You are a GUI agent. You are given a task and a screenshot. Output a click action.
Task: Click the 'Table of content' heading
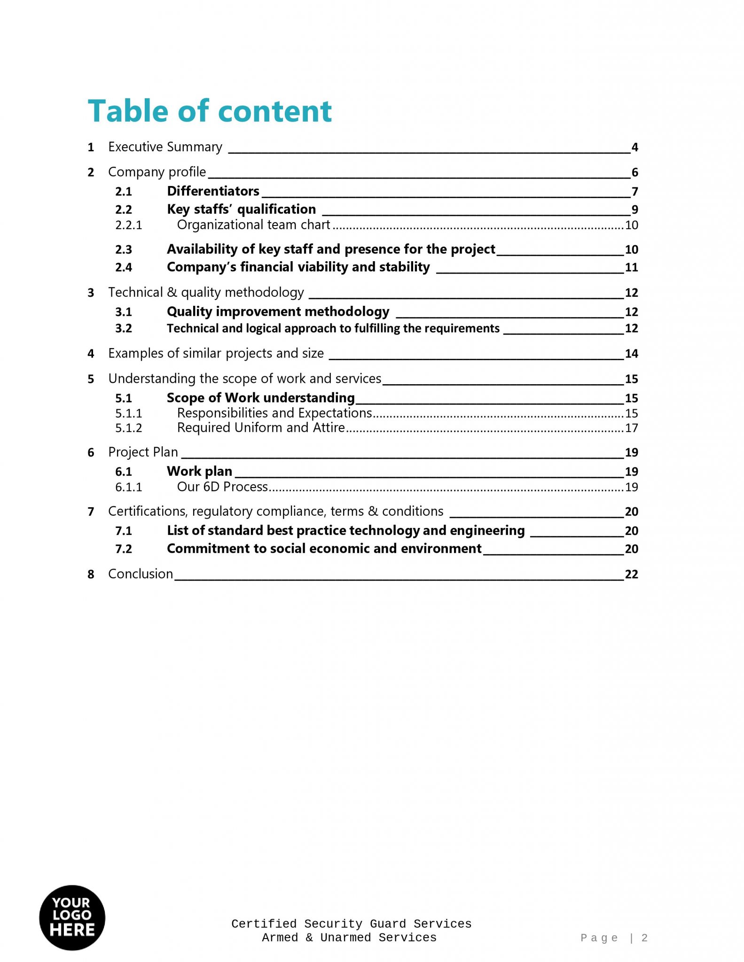(210, 111)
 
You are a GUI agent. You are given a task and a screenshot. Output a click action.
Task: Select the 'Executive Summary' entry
(165, 147)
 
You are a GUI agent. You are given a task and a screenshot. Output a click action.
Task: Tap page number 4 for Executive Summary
(634, 147)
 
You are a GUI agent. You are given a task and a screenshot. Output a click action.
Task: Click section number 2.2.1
(128, 225)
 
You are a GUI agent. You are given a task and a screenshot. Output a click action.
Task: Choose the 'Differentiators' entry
(213, 191)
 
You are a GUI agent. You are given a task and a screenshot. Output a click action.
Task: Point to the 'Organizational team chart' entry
(253, 225)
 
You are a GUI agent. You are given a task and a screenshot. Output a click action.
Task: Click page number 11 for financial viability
(631, 268)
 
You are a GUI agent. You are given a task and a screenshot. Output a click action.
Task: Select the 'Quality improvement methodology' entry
(278, 311)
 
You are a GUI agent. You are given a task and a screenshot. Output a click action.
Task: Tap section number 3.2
(124, 328)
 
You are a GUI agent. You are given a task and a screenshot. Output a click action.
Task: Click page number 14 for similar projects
(631, 354)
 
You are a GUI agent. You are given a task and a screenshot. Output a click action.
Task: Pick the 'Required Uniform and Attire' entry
(261, 428)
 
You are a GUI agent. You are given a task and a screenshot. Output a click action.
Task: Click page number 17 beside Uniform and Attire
(631, 428)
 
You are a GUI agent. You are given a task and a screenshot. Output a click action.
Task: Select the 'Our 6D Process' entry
(222, 487)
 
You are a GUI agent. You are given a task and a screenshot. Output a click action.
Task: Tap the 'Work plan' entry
(199, 471)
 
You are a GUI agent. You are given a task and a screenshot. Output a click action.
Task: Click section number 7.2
(124, 549)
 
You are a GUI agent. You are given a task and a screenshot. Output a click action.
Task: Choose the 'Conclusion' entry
(141, 574)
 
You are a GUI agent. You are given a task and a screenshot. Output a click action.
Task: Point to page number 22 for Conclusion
(631, 574)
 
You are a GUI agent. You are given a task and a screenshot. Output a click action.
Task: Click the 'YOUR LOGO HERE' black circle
(72, 918)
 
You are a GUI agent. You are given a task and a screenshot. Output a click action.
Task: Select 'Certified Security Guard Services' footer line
(351, 924)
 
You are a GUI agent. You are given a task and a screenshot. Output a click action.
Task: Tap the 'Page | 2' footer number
(614, 938)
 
